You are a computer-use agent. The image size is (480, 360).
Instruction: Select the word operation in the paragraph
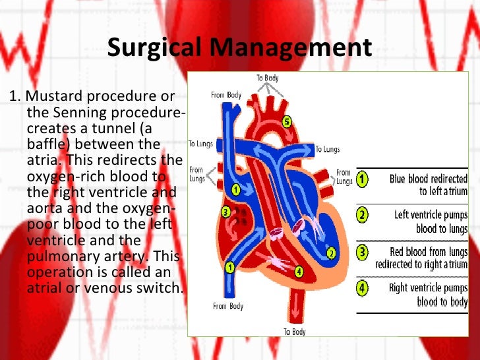tap(57, 272)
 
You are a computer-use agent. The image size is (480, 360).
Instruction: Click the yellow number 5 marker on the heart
tap(286, 121)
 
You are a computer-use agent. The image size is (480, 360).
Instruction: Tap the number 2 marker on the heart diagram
tap(330, 252)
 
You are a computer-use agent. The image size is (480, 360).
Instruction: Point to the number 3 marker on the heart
tap(225, 212)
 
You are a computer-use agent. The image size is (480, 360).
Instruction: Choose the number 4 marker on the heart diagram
tap(299, 270)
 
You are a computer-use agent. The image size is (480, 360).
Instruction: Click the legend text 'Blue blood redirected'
tap(429, 179)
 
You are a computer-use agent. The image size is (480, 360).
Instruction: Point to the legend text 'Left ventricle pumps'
tap(431, 215)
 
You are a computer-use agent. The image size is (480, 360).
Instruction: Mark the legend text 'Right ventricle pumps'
tap(429, 289)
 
